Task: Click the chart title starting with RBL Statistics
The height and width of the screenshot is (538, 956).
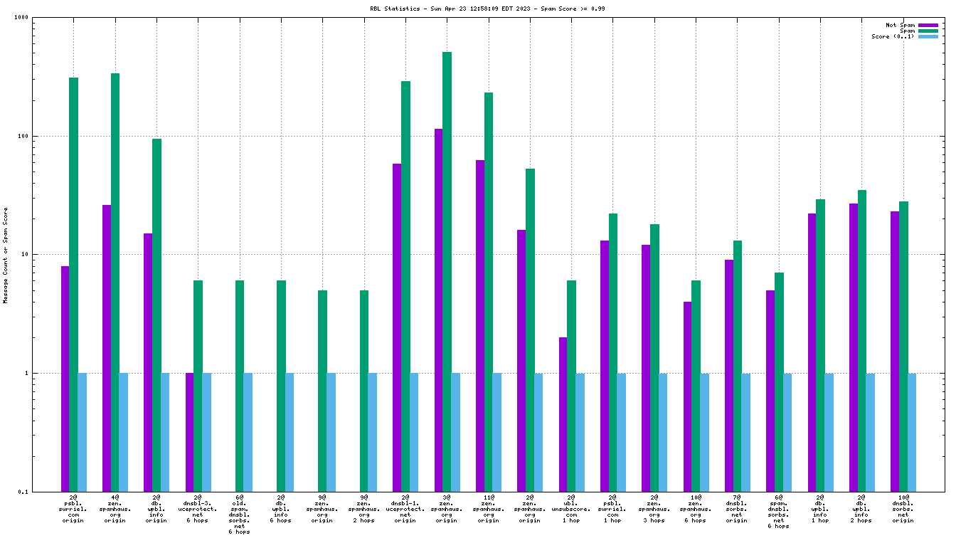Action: click(x=477, y=9)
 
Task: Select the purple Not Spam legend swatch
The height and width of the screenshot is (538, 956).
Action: click(x=928, y=25)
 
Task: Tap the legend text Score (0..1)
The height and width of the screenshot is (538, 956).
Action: click(x=893, y=36)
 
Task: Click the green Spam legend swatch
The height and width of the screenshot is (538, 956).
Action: click(x=928, y=31)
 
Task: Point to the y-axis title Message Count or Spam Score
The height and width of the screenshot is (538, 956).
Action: click(x=6, y=255)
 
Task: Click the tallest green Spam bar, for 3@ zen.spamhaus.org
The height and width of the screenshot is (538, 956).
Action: click(x=447, y=270)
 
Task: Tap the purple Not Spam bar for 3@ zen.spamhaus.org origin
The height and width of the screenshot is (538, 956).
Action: click(x=438, y=310)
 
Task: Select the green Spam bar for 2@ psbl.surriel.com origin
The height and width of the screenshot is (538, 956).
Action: click(x=73, y=285)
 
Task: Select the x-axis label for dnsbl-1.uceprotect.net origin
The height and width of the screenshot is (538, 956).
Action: click(x=405, y=508)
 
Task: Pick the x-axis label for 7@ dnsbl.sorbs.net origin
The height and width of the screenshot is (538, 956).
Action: click(x=737, y=508)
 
